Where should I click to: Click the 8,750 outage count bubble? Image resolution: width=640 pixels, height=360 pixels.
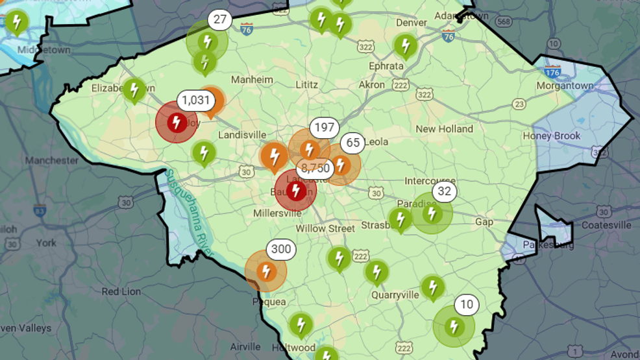316,168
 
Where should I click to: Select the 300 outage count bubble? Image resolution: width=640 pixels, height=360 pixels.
282,250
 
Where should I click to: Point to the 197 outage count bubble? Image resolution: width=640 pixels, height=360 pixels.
323,128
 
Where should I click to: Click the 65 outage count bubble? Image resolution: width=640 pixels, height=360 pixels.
353,143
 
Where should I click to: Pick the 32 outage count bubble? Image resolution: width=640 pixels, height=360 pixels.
444,191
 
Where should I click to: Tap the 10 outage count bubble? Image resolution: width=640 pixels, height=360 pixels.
466,305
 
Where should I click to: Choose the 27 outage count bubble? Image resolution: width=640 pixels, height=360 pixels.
219,21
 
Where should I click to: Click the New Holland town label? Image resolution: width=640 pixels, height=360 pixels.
445,129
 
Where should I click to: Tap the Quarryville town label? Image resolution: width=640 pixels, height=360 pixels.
395,294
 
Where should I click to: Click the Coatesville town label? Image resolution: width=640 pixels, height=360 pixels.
606,225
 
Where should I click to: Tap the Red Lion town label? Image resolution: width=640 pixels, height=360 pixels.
121,292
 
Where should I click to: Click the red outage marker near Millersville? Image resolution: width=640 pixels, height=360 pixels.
296,191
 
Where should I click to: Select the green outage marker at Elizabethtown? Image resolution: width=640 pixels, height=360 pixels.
134,91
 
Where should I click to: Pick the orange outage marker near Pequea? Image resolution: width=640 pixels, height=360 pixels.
265,271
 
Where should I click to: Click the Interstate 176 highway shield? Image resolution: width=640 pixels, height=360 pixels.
552,71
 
